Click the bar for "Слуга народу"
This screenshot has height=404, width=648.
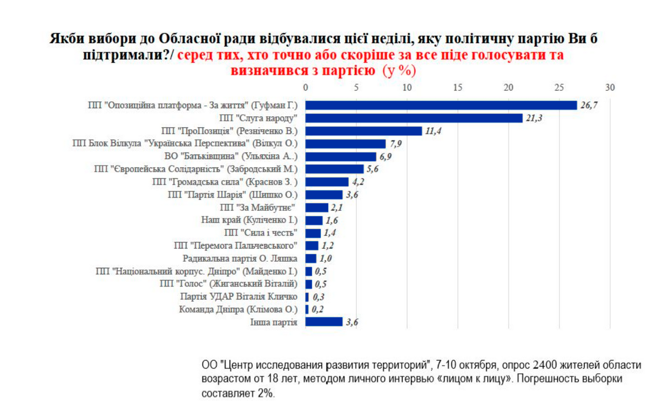pos(414,118)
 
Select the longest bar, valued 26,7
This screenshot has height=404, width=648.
pos(441,105)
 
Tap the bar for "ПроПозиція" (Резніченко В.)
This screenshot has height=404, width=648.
pos(363,131)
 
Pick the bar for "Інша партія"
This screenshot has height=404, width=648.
pos(324,322)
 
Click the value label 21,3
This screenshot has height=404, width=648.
pos(535,118)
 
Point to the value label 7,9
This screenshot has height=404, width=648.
pos(396,144)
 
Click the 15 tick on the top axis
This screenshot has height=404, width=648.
pos(458,88)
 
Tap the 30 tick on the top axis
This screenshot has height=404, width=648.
pos(610,88)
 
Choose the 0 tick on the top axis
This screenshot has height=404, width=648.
pos(306,88)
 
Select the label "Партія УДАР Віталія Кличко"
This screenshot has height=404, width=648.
pos(239,296)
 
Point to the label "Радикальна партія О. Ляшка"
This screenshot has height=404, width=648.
pos(241,259)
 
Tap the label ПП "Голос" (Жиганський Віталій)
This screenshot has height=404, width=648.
pos(230,283)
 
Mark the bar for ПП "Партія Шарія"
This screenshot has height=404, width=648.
pos(324,195)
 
